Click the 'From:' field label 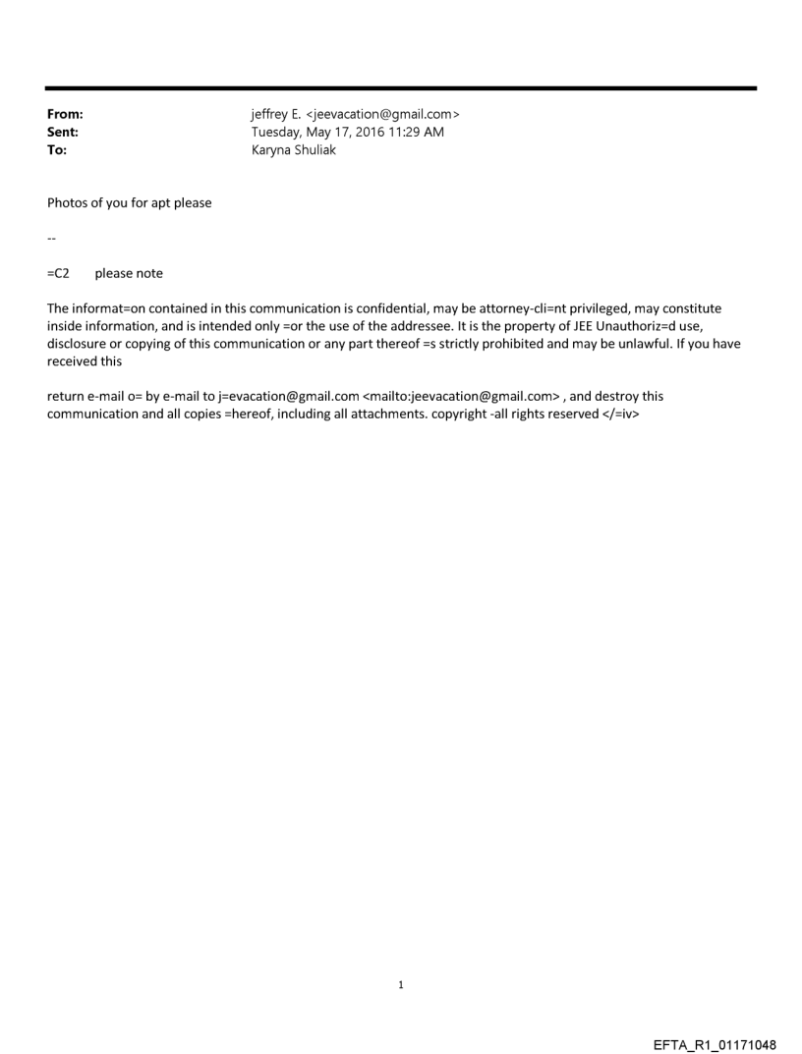(65, 115)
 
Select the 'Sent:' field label (63, 133)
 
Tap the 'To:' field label (57, 150)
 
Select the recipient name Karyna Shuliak (294, 150)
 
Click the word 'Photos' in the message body (68, 203)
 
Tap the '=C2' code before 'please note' (58, 274)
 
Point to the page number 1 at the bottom (401, 985)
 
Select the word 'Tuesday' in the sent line (277, 133)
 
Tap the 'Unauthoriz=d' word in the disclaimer (638, 326)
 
